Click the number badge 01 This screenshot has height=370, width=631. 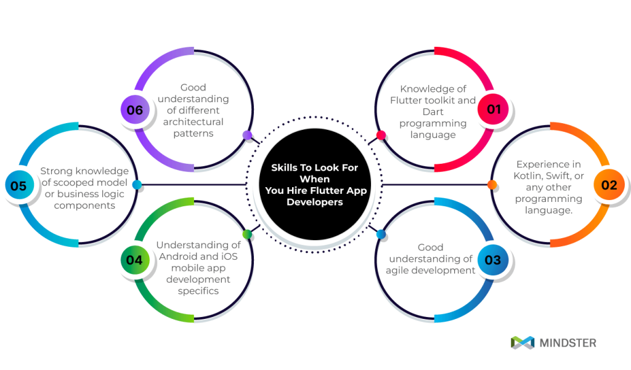[x=494, y=110]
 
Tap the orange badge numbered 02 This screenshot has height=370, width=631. [x=609, y=185]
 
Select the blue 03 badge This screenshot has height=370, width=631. [x=493, y=260]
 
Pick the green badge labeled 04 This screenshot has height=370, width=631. [x=134, y=260]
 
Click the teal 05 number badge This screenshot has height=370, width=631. [x=18, y=185]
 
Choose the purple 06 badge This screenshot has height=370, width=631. [x=134, y=110]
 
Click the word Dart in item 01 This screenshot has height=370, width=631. [x=433, y=112]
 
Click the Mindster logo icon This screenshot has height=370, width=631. [x=522, y=342]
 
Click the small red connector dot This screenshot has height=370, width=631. [x=381, y=135]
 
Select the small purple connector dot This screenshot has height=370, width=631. [x=247, y=135]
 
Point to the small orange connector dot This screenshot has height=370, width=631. [x=492, y=185]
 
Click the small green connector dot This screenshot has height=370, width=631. [x=247, y=234]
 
